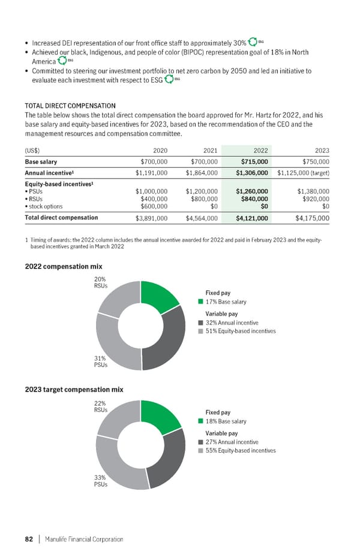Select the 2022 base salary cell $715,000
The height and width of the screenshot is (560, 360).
(254, 162)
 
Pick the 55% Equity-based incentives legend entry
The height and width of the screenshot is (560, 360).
(240, 450)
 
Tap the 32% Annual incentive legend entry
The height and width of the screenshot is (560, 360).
(231, 323)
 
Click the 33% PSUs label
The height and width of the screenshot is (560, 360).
(101, 481)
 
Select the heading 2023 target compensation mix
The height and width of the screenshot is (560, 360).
(74, 389)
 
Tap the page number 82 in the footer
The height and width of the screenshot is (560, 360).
(28, 539)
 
